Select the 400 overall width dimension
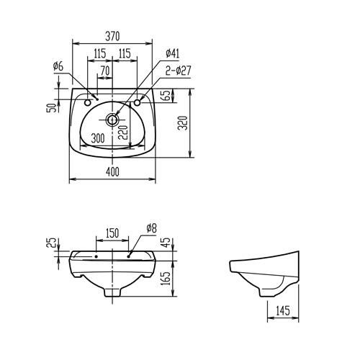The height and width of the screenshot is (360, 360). click(x=112, y=171)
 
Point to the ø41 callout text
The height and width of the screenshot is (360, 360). click(x=172, y=53)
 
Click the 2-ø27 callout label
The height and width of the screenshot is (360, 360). click(x=176, y=70)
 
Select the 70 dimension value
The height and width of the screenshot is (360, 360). click(x=105, y=71)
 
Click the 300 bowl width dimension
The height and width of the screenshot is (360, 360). click(x=99, y=137)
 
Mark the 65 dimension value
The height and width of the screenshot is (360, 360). click(x=165, y=96)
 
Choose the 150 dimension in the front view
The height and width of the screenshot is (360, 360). click(x=112, y=233)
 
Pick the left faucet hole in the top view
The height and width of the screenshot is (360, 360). click(x=88, y=103)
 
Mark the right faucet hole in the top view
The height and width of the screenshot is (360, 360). click(x=138, y=103)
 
